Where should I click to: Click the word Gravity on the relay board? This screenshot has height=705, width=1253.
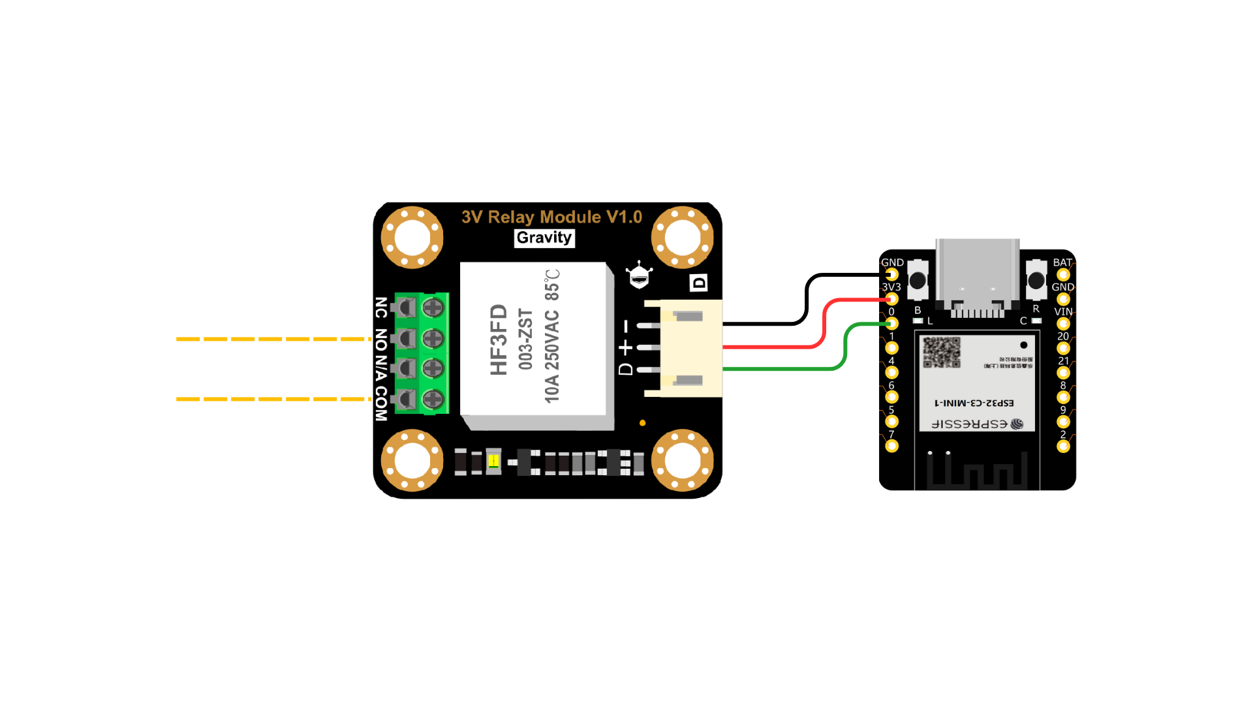[544, 238]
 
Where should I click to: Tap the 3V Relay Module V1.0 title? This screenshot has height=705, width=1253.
[551, 217]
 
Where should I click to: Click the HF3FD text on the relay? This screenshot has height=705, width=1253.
[499, 339]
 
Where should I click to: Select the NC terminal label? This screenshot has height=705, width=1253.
[381, 307]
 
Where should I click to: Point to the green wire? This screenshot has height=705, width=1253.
[783, 369]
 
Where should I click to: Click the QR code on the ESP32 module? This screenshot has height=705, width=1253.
[941, 352]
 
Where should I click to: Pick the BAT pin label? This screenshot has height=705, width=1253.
[1062, 262]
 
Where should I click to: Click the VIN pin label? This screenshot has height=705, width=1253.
[1063, 311]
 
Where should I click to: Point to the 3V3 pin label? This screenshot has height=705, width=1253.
[891, 287]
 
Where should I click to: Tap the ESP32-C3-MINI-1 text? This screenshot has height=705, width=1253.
[974, 403]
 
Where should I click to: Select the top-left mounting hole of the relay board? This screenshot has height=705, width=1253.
[412, 238]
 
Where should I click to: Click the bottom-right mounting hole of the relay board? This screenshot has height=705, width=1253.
[682, 461]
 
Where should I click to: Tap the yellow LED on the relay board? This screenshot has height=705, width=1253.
[493, 462]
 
